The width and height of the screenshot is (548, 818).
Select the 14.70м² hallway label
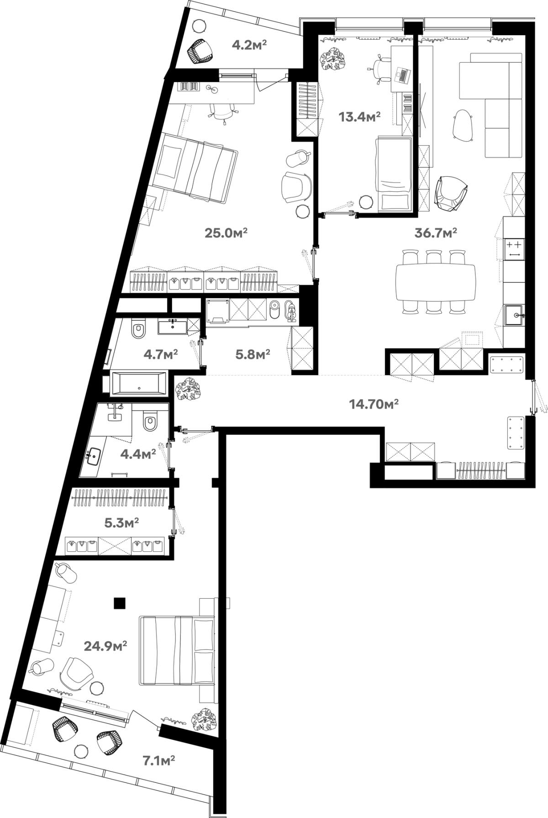point(374,404)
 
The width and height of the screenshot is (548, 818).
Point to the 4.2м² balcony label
point(249,45)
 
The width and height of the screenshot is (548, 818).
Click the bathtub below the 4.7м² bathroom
point(139,383)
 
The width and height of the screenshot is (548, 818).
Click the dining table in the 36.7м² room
point(437,282)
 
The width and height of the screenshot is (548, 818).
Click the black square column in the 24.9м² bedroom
point(120,604)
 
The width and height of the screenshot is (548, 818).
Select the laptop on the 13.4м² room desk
point(402,75)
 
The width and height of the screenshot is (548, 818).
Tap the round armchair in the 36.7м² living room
point(451,193)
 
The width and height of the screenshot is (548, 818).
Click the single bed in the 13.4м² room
point(393,174)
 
